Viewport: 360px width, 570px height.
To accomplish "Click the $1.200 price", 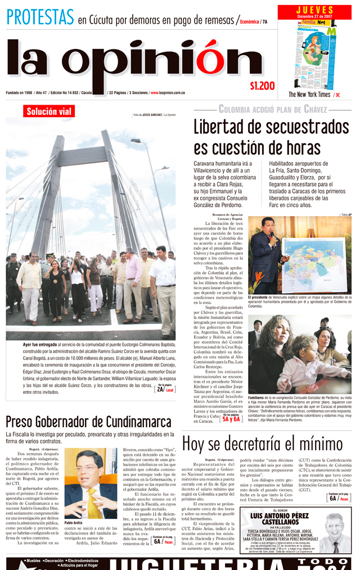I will (262, 86).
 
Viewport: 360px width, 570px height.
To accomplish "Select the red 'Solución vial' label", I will (49, 111).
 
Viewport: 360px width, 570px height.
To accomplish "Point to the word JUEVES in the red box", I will (314, 10).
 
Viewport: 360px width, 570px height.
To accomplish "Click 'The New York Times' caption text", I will (309, 95).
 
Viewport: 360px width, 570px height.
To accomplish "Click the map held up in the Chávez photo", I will (313, 263).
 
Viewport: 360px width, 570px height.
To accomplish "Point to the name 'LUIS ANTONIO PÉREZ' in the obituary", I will (280, 516).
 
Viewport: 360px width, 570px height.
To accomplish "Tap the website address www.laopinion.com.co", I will (168, 92).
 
